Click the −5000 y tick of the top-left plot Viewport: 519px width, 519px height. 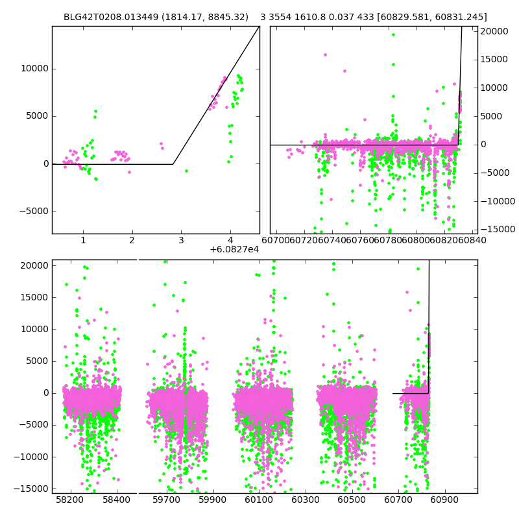click(x=32, y=211)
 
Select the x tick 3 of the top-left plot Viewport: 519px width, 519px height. click(x=181, y=241)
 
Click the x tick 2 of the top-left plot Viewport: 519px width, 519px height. click(x=132, y=241)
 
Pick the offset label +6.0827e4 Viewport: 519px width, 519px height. click(x=234, y=250)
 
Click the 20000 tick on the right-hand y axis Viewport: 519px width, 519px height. click(x=496, y=31)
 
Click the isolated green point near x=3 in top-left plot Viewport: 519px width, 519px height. click(x=186, y=171)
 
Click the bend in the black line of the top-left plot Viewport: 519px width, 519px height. click(x=173, y=164)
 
